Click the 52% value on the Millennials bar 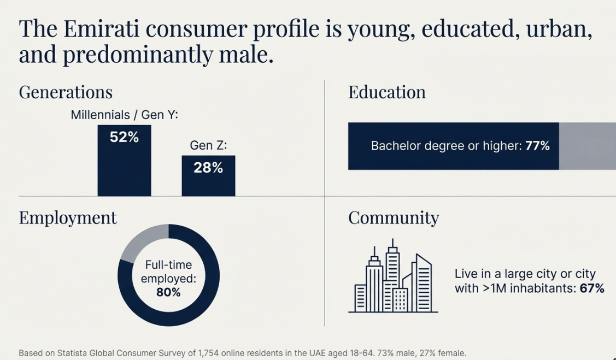[124, 138]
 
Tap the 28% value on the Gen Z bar [208, 168]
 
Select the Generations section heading [66, 92]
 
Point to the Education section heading [387, 92]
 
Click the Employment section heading [68, 217]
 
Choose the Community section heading [394, 217]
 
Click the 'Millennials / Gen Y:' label [125, 115]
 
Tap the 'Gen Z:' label [208, 145]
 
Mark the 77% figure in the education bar [537, 146]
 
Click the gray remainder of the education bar [587, 146]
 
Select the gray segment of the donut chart [142, 241]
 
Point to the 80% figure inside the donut [168, 292]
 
